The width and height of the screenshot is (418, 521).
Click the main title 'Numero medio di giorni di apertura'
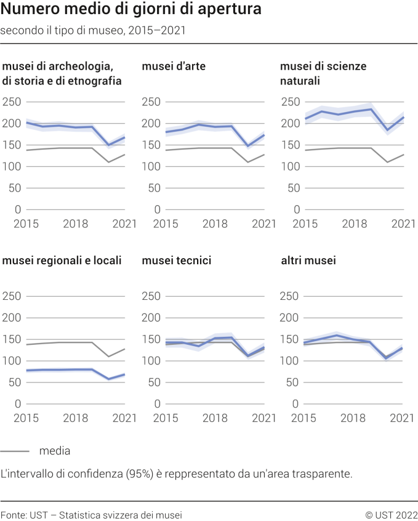[x=131, y=10]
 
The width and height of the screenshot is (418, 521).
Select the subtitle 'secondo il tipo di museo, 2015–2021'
[x=93, y=30]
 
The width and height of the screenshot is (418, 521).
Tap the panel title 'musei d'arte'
[x=174, y=66]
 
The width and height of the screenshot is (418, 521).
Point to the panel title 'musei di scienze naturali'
[x=323, y=73]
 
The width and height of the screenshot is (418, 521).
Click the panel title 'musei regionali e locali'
[x=62, y=260]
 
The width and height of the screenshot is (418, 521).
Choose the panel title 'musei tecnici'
[x=177, y=260]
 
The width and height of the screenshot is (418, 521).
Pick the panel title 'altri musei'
[x=308, y=260]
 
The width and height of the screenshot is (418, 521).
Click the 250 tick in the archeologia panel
[x=12, y=102]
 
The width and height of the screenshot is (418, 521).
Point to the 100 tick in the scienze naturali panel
[x=291, y=167]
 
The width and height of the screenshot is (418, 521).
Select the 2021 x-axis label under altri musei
[x=403, y=418]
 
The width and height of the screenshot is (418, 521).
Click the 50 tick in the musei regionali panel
[x=15, y=382]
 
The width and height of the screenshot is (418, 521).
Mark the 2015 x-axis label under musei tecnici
[x=165, y=418]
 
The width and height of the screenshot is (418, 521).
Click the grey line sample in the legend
[x=15, y=451]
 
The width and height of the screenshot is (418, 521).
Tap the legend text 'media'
[x=55, y=451]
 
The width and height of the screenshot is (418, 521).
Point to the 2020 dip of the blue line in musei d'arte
[x=249, y=147]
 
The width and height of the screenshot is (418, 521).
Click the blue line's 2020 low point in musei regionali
[x=109, y=379]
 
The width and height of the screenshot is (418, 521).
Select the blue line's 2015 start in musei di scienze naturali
[x=306, y=119]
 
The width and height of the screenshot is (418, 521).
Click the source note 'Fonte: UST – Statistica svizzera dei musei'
[x=91, y=514]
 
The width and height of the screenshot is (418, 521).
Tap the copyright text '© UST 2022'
[x=391, y=514]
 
